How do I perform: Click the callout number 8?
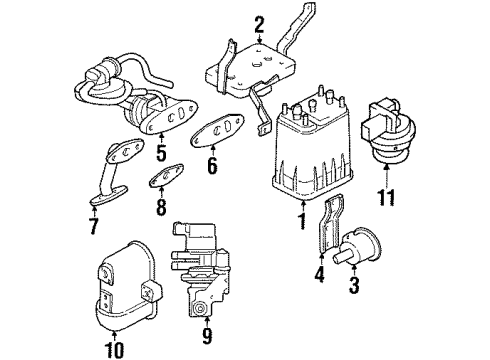(x=160, y=209)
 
